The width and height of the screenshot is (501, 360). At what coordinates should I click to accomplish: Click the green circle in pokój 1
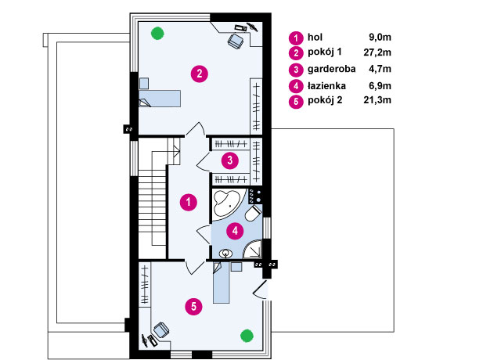[x=157, y=33]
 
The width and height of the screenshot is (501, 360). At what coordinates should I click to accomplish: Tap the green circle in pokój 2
[x=247, y=336]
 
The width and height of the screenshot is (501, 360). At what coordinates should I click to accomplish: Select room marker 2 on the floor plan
[x=200, y=74]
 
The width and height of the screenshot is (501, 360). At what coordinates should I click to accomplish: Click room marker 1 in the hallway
[x=189, y=202]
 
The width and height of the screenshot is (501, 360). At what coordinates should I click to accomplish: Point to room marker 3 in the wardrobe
[x=230, y=160]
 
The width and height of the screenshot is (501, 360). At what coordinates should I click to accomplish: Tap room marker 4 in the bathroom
[x=235, y=231]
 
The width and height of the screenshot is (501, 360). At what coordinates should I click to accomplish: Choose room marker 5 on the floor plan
[x=193, y=307]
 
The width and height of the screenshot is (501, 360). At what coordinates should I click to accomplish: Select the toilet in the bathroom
[x=254, y=213]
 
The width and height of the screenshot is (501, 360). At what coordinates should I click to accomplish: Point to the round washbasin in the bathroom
[x=226, y=254]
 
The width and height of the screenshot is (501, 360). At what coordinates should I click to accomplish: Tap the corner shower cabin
[x=252, y=249]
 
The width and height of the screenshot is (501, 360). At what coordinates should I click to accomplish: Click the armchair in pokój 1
[x=236, y=41]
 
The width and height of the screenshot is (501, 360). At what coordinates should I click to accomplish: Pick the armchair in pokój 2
[x=161, y=330]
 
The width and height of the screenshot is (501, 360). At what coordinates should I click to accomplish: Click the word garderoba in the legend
[x=331, y=69]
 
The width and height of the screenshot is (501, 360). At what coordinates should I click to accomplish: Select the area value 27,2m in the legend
[x=377, y=52]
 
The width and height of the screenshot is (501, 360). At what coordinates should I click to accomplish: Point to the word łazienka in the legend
[x=326, y=85]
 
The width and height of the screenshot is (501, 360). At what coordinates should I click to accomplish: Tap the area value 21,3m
[x=377, y=100]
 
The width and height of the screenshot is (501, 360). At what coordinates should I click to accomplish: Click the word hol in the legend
[x=315, y=37]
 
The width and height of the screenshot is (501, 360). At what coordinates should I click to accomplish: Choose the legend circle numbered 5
[x=296, y=102]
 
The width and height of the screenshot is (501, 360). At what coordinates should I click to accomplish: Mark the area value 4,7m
[x=380, y=69]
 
